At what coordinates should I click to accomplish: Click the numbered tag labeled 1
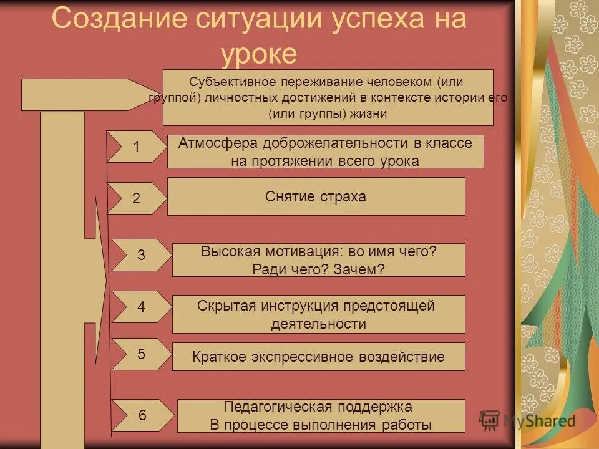point(136,147)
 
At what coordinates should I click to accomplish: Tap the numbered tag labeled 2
point(136,198)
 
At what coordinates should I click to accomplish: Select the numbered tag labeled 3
point(140,255)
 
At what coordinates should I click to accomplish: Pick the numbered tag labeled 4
point(140,307)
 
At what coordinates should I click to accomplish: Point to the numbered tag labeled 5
point(140,354)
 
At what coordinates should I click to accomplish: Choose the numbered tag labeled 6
point(142,415)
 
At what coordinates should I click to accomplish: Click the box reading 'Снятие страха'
point(316,196)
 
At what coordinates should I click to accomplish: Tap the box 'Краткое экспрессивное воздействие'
point(318,357)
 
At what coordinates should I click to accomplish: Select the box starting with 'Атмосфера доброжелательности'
point(325,152)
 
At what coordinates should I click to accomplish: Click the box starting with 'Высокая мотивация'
point(318,260)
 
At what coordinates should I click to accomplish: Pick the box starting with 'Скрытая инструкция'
point(318,314)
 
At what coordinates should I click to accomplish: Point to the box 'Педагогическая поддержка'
point(321,416)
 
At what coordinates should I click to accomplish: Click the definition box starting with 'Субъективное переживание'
point(328,97)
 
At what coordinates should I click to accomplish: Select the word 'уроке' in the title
point(259,54)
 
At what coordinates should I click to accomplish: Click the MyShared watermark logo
point(527,420)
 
